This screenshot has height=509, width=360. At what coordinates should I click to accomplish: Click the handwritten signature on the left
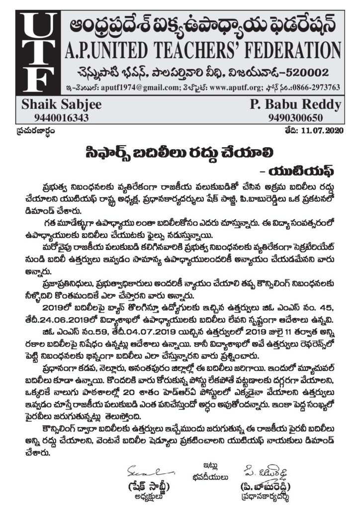click(x=146, y=469)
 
